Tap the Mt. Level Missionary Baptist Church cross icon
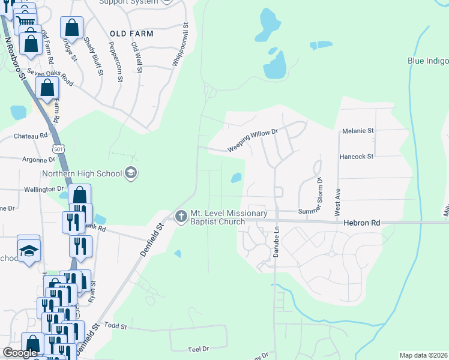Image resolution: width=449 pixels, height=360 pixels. [x=181, y=216]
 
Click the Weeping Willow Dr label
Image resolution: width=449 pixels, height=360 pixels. [x=253, y=141]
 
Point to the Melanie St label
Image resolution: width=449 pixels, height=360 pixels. [x=358, y=130]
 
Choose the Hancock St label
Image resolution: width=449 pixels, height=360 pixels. [x=357, y=157]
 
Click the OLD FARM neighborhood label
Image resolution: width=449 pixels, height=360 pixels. [x=131, y=34]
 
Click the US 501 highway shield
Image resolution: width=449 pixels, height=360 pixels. [x=58, y=148]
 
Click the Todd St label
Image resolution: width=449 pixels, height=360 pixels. [x=116, y=326]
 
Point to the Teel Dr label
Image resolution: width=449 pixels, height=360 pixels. [x=198, y=349]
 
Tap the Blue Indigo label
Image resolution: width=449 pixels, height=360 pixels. [x=428, y=61]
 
